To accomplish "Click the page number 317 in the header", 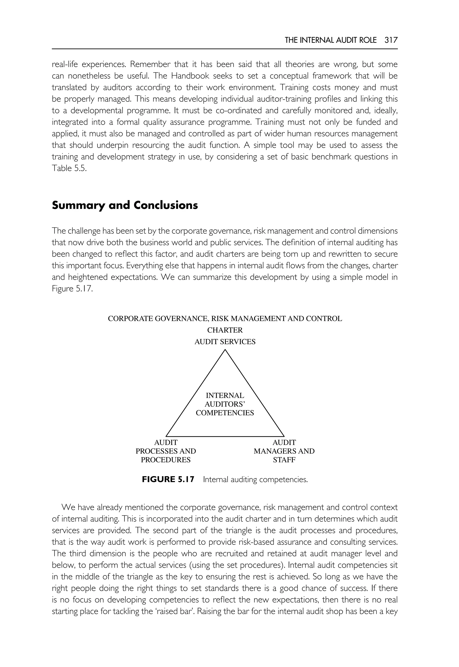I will click(x=391, y=40).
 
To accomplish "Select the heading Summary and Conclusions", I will click(x=125, y=205).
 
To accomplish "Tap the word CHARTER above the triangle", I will click(x=225, y=330).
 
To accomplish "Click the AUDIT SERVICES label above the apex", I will click(x=225, y=342).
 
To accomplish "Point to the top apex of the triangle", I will click(x=225, y=350).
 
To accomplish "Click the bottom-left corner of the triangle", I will click(x=166, y=436).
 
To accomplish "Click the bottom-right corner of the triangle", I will click(x=284, y=436).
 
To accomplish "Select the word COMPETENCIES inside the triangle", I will click(x=225, y=413).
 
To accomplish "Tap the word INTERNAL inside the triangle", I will click(x=225, y=396).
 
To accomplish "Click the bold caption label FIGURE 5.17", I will click(x=168, y=479).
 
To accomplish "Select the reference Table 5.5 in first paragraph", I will click(x=69, y=168).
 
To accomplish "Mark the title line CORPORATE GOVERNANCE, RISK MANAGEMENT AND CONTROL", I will click(x=225, y=319).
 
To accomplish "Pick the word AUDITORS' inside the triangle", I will click(x=225, y=404).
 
